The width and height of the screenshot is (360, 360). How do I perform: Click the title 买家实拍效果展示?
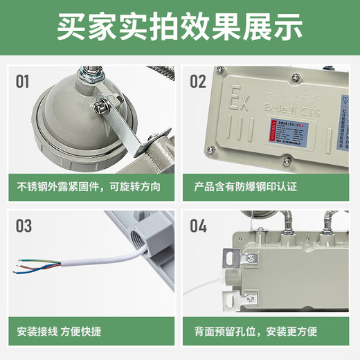pos(180,27)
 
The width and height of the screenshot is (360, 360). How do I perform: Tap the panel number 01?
pos(23,82)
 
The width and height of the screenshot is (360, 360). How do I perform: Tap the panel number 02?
pos(198,82)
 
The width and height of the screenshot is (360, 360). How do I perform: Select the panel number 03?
pos(24,226)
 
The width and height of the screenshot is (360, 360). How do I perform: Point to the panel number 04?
pos(198,226)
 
